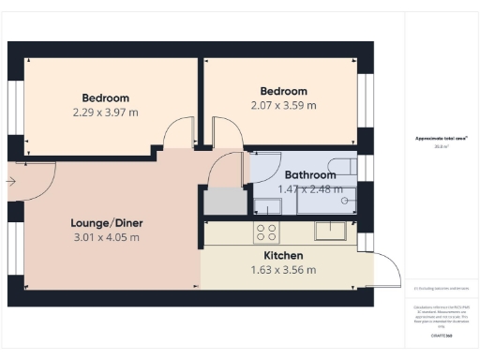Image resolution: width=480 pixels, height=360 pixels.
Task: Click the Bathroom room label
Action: (x=310, y=174)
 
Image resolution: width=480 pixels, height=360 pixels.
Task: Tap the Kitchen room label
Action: (x=283, y=255)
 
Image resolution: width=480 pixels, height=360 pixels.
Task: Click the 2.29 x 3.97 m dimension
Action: (x=105, y=112)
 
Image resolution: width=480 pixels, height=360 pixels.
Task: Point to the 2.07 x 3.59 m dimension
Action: (x=283, y=105)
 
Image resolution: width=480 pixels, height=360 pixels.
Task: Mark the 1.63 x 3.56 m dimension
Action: (x=283, y=270)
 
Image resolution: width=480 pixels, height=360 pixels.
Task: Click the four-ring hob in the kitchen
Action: (x=266, y=231)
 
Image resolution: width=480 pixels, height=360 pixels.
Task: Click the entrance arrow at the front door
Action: (x=10, y=182)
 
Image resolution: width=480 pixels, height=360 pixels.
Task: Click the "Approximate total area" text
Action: (x=442, y=139)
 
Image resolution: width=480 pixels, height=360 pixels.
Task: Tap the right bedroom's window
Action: (x=364, y=94)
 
